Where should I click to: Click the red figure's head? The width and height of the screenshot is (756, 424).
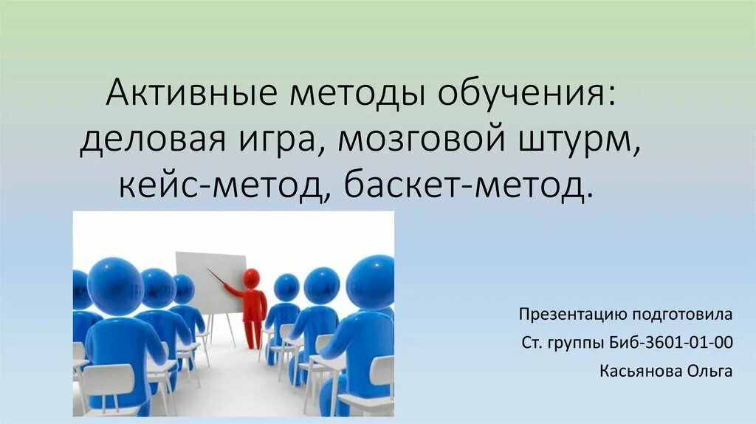252,278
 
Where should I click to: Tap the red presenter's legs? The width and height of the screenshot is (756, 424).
254,332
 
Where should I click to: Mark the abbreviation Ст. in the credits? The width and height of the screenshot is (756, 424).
530,343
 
